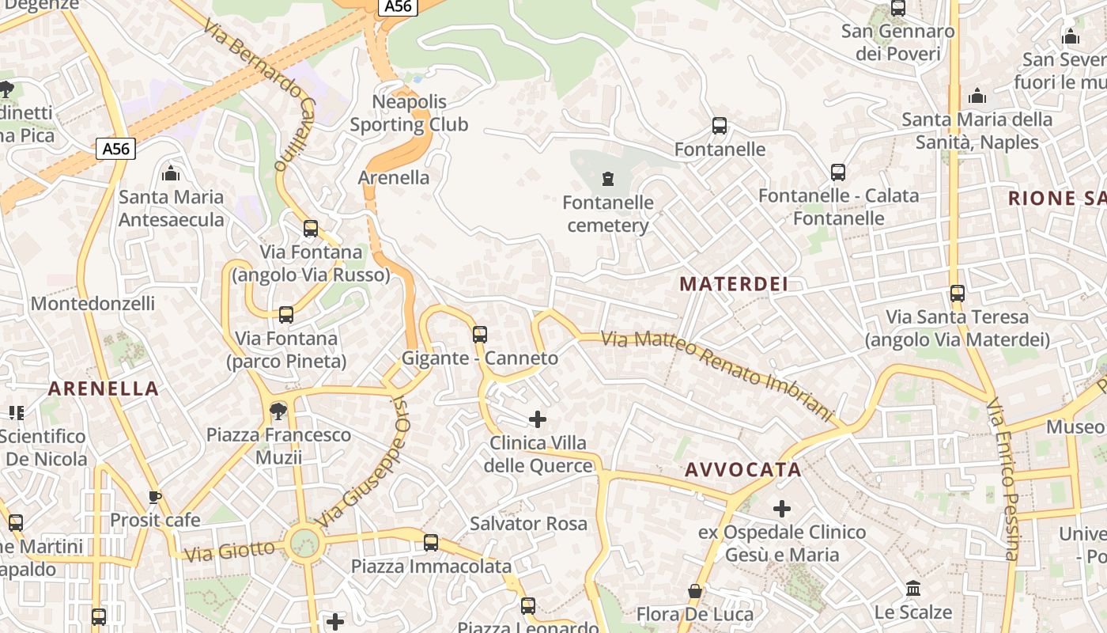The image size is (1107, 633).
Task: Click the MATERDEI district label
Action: [734, 284]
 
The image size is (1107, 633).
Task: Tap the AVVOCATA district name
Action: [743, 469]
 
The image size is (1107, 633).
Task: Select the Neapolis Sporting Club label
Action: [409, 113]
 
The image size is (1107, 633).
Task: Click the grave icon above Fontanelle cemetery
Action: [608, 178]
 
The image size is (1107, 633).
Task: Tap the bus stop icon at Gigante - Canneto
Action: [480, 334]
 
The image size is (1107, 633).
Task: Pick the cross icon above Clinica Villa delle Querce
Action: [538, 419]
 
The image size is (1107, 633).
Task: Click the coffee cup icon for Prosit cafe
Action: [155, 497]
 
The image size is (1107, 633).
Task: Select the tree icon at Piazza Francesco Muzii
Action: [278, 411]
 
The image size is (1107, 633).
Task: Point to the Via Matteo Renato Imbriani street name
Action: [717, 375]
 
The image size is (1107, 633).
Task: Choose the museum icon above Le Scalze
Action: [913, 588]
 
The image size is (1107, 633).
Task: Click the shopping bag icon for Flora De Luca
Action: [695, 591]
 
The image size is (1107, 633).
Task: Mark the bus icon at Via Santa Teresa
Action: [958, 294]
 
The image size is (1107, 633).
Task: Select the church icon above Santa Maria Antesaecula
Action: [171, 173]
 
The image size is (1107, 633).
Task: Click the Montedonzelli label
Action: [93, 304]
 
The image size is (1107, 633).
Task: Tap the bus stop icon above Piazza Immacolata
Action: [431, 543]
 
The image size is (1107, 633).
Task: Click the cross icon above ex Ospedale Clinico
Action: [782, 508]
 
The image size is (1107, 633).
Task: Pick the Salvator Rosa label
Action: [528, 523]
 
